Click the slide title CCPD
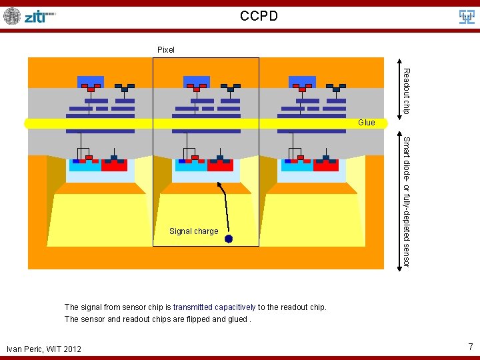pos(259,15)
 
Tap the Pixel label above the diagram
pos(165,50)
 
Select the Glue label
pos(366,123)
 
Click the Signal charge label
pos(193,231)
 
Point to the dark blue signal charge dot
pos(229,238)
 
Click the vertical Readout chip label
pos(406,90)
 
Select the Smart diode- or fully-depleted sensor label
pos(405,201)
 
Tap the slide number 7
pos(470,347)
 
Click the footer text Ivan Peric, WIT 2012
pos(43,349)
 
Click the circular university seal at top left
pos(12,16)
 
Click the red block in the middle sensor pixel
pos(220,165)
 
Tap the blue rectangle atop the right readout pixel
pos(302,81)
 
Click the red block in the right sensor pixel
pos(326,165)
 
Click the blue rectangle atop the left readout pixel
pos(91,81)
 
